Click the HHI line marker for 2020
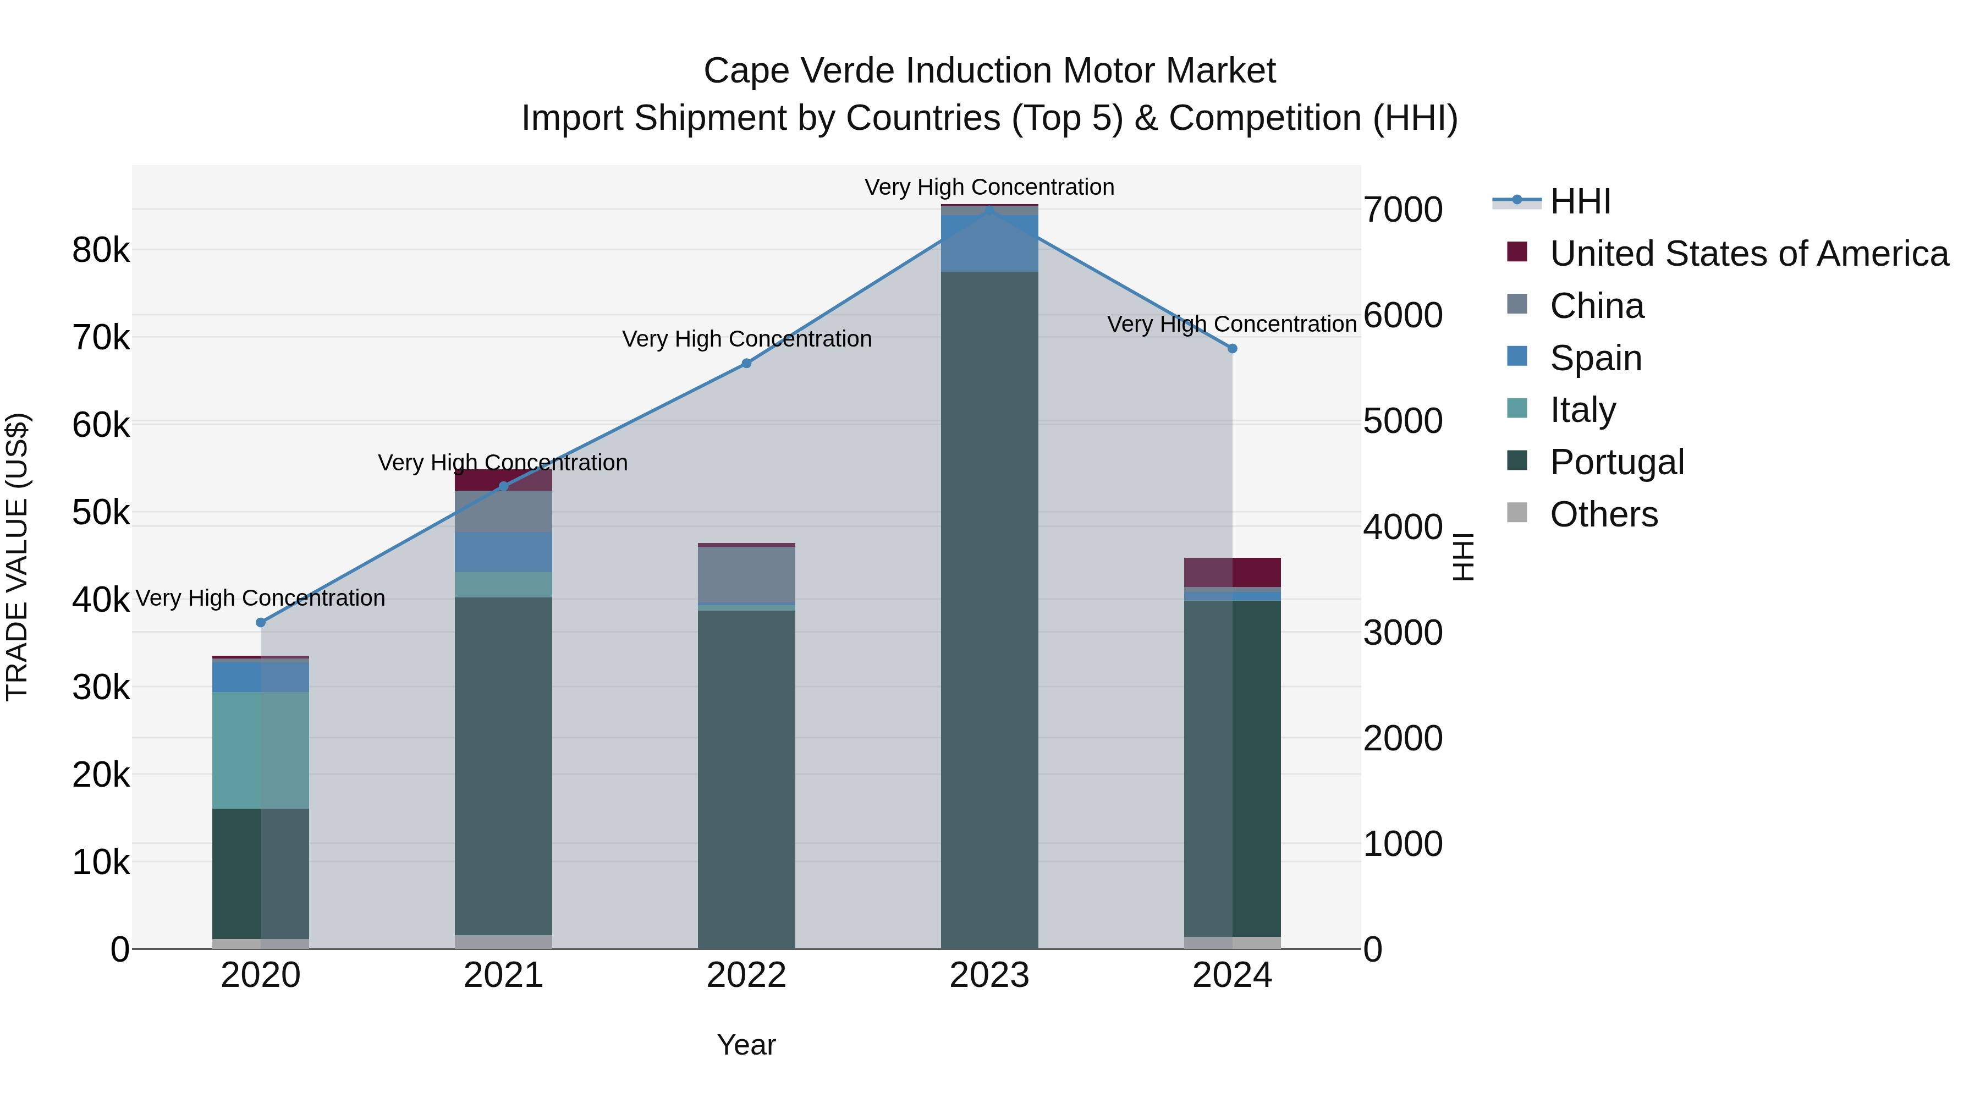pyautogui.click(x=261, y=622)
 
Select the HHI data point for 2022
pyautogui.click(x=746, y=363)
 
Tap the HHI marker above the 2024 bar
pyautogui.click(x=1232, y=348)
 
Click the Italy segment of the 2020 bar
pyautogui.click(x=261, y=750)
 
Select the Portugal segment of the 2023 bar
pyautogui.click(x=989, y=607)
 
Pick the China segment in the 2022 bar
pyautogui.click(x=746, y=574)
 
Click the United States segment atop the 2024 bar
pyautogui.click(x=1232, y=572)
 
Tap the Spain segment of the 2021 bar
pyautogui.click(x=503, y=551)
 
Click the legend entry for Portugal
pyautogui.click(x=1616, y=462)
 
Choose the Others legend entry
pyautogui.click(x=1603, y=514)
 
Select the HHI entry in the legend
pyautogui.click(x=1580, y=201)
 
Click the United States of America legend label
pyautogui.click(x=1748, y=254)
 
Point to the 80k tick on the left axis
pyautogui.click(x=101, y=250)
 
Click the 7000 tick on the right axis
pyautogui.click(x=1402, y=210)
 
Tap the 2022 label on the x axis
pyautogui.click(x=746, y=975)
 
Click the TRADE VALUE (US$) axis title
pyautogui.click(x=17, y=557)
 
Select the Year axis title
pyautogui.click(x=746, y=1045)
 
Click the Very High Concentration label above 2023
pyautogui.click(x=989, y=187)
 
